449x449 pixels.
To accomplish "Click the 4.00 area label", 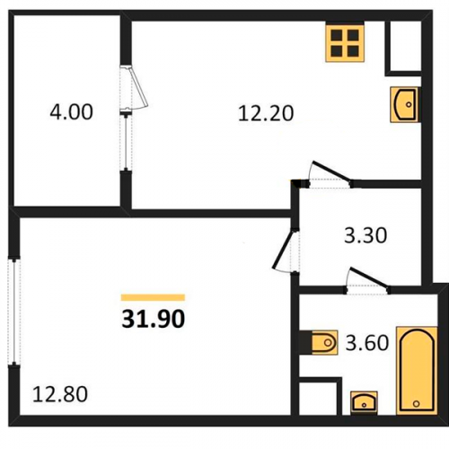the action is tap(71, 112).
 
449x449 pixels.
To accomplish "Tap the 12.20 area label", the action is tap(266, 114).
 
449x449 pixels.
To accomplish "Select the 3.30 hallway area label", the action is tap(365, 235).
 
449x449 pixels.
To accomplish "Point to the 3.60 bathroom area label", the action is tap(367, 343).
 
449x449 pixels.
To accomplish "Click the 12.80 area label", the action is tap(60, 394).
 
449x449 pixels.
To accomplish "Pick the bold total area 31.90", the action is tap(154, 319).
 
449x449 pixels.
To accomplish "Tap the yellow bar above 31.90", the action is tap(153, 297).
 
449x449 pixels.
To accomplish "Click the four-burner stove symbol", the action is tap(345, 43).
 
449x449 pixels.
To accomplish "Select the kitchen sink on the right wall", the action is tap(404, 104).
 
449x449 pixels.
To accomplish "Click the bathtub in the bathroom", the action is tap(417, 371).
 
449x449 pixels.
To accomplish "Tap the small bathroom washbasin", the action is tap(364, 402).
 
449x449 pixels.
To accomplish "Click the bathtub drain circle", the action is tap(416, 404).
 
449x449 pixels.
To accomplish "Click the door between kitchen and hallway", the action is tap(330, 175).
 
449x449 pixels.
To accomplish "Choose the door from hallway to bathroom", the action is tap(367, 281).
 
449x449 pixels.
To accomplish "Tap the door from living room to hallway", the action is tap(285, 251).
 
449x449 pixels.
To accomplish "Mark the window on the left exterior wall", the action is tap(13, 312).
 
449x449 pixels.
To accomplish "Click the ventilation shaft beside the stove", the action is tap(403, 48).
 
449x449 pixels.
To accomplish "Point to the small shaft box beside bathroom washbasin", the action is tap(321, 396).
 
